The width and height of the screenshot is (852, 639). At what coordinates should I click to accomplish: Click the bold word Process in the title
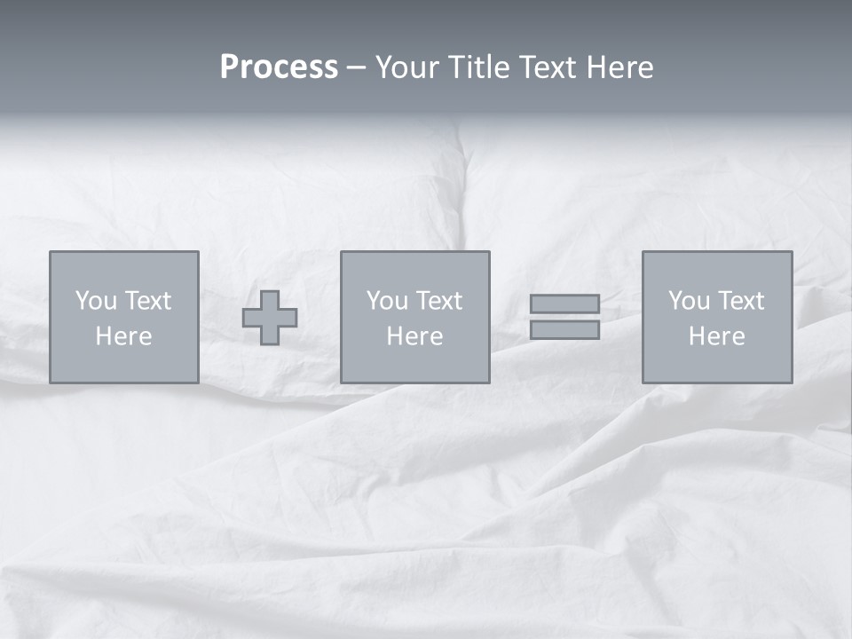tap(279, 67)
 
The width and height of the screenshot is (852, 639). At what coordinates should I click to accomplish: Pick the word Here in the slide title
tap(619, 67)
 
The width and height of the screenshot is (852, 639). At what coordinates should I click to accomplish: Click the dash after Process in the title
tap(357, 68)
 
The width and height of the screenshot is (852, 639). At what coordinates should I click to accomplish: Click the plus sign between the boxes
tap(270, 318)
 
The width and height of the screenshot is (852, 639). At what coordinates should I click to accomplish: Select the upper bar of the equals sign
tap(564, 304)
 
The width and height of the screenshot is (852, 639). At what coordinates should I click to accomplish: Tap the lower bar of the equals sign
tap(564, 329)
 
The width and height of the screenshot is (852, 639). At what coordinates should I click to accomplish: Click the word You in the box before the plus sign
tap(96, 301)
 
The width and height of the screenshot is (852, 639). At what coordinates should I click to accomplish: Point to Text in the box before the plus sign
tap(146, 301)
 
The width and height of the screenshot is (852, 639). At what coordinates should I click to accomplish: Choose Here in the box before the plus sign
tap(123, 336)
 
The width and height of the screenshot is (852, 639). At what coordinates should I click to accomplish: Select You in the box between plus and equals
tap(387, 301)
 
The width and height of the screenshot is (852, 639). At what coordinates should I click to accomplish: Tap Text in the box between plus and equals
tap(438, 301)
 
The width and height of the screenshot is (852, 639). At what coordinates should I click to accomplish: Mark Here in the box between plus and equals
tap(414, 336)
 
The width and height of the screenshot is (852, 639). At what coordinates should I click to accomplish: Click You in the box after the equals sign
tap(689, 301)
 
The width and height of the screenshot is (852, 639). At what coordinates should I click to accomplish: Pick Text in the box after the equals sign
tap(739, 301)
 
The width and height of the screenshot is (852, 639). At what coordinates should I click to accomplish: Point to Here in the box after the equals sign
tap(716, 336)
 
